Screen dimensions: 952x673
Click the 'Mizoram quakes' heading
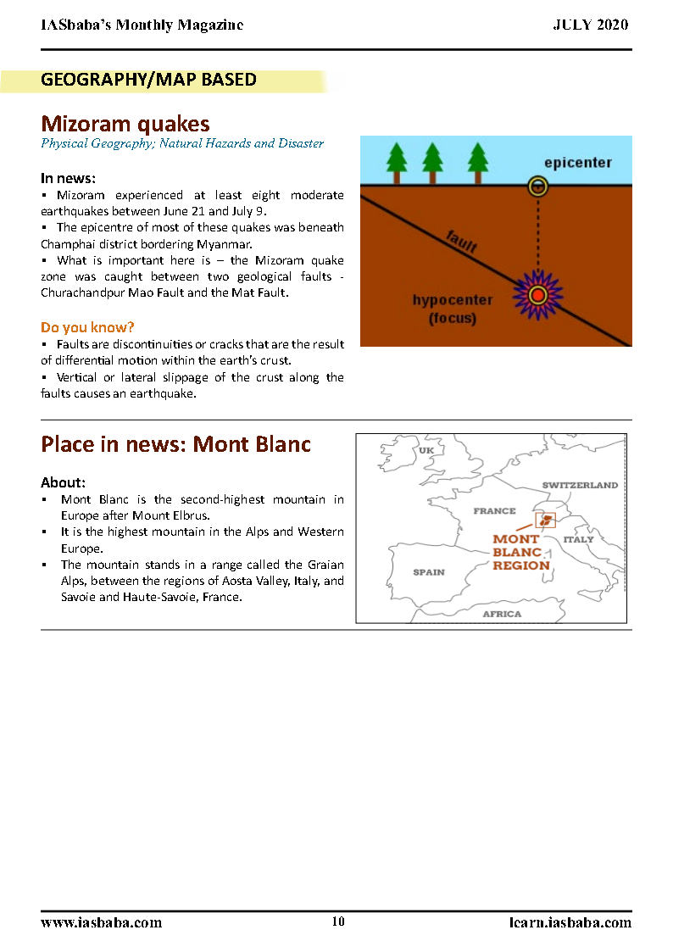click(125, 125)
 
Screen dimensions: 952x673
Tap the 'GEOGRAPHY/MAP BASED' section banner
click(148, 81)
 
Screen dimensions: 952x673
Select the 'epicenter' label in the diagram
click(578, 163)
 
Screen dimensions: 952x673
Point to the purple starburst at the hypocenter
click(537, 294)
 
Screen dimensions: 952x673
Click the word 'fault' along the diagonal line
click(462, 242)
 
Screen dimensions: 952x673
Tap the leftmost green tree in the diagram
click(395, 162)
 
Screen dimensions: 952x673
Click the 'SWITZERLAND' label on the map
click(580, 486)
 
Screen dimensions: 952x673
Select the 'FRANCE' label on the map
click(494, 511)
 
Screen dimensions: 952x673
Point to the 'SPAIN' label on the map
click(429, 572)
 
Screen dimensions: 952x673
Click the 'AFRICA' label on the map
click(502, 614)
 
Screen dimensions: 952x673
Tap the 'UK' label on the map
click(426, 450)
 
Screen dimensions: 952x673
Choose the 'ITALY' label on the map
click(579, 539)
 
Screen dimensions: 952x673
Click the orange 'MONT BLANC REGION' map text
click(520, 552)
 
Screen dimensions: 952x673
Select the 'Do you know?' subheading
click(87, 327)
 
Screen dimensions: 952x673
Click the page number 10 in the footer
click(338, 922)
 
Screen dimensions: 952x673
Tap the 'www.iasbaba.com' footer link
click(101, 922)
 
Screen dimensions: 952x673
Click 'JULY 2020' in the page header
click(591, 25)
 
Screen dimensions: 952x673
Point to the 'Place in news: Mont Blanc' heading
click(176, 444)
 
